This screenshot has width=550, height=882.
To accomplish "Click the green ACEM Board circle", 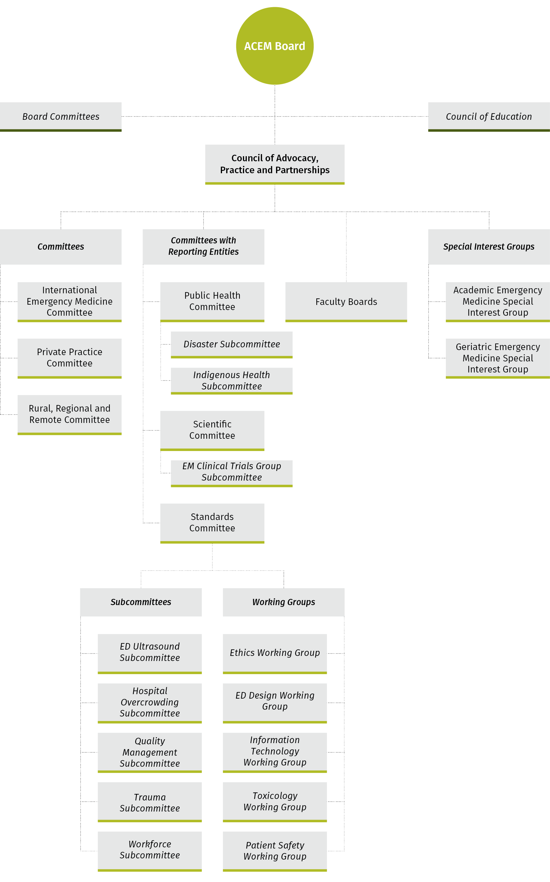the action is pyautogui.click(x=275, y=46).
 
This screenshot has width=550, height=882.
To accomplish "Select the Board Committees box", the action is pyautogui.click(x=61, y=117).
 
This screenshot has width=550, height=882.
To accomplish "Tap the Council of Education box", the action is pyautogui.click(x=489, y=117).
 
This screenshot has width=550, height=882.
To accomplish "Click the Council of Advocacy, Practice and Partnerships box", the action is pyautogui.click(x=275, y=165).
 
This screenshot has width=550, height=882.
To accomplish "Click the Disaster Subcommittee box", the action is pyautogui.click(x=232, y=345).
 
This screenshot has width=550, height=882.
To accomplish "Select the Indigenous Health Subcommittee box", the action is pyautogui.click(x=232, y=381).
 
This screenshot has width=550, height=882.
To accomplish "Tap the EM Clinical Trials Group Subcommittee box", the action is pyautogui.click(x=232, y=474).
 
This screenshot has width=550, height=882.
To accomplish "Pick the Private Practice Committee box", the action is pyautogui.click(x=70, y=358).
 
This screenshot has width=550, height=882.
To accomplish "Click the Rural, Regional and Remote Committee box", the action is pyautogui.click(x=70, y=415).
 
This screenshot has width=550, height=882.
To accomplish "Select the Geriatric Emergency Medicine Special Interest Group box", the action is pyautogui.click(x=497, y=358).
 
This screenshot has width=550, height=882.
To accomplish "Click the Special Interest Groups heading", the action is pyautogui.click(x=489, y=247).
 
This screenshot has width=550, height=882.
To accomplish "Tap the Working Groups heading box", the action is pyautogui.click(x=284, y=602).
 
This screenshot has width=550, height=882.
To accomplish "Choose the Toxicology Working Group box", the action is pyautogui.click(x=275, y=802).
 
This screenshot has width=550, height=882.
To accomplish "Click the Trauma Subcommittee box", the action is pyautogui.click(x=150, y=802).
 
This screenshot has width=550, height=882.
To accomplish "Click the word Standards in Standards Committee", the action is pyautogui.click(x=212, y=517).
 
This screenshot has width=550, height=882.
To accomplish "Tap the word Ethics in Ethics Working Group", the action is pyautogui.click(x=242, y=653).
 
